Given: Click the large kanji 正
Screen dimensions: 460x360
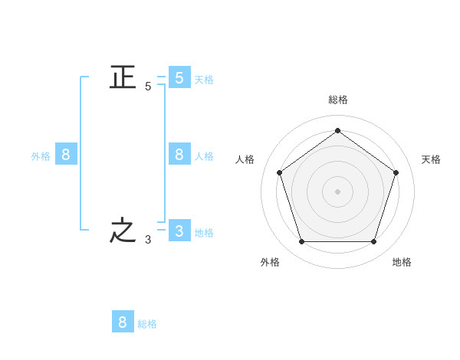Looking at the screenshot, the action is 123,77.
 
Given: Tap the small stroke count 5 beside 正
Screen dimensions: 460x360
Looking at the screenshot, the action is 148,87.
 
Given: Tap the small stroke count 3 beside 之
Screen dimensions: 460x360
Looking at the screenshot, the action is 148,240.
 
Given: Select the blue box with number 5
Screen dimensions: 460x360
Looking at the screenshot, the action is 179,77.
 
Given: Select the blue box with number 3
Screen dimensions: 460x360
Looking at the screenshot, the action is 179,230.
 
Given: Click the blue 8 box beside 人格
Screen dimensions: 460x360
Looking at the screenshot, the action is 179,154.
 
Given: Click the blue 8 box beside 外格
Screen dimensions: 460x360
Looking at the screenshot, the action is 66,154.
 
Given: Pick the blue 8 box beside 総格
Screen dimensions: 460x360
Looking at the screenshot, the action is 123,321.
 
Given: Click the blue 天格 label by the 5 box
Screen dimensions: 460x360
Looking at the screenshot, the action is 204,80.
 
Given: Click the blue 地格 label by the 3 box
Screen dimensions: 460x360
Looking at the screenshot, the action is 204,233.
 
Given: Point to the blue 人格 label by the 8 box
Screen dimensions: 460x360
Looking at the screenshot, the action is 204,156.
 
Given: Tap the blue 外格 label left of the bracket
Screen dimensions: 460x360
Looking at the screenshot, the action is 41,156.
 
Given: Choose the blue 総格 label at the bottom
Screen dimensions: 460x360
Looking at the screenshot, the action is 147,324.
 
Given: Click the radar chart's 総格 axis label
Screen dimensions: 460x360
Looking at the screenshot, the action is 338,100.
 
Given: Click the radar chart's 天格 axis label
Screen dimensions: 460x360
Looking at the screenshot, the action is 431,159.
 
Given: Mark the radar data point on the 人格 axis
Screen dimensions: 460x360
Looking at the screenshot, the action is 280,172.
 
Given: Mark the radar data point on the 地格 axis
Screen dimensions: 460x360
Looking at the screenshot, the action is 374,242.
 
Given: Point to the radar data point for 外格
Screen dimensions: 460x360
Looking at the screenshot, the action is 302,242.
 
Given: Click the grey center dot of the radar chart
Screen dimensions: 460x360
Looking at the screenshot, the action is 337,191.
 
